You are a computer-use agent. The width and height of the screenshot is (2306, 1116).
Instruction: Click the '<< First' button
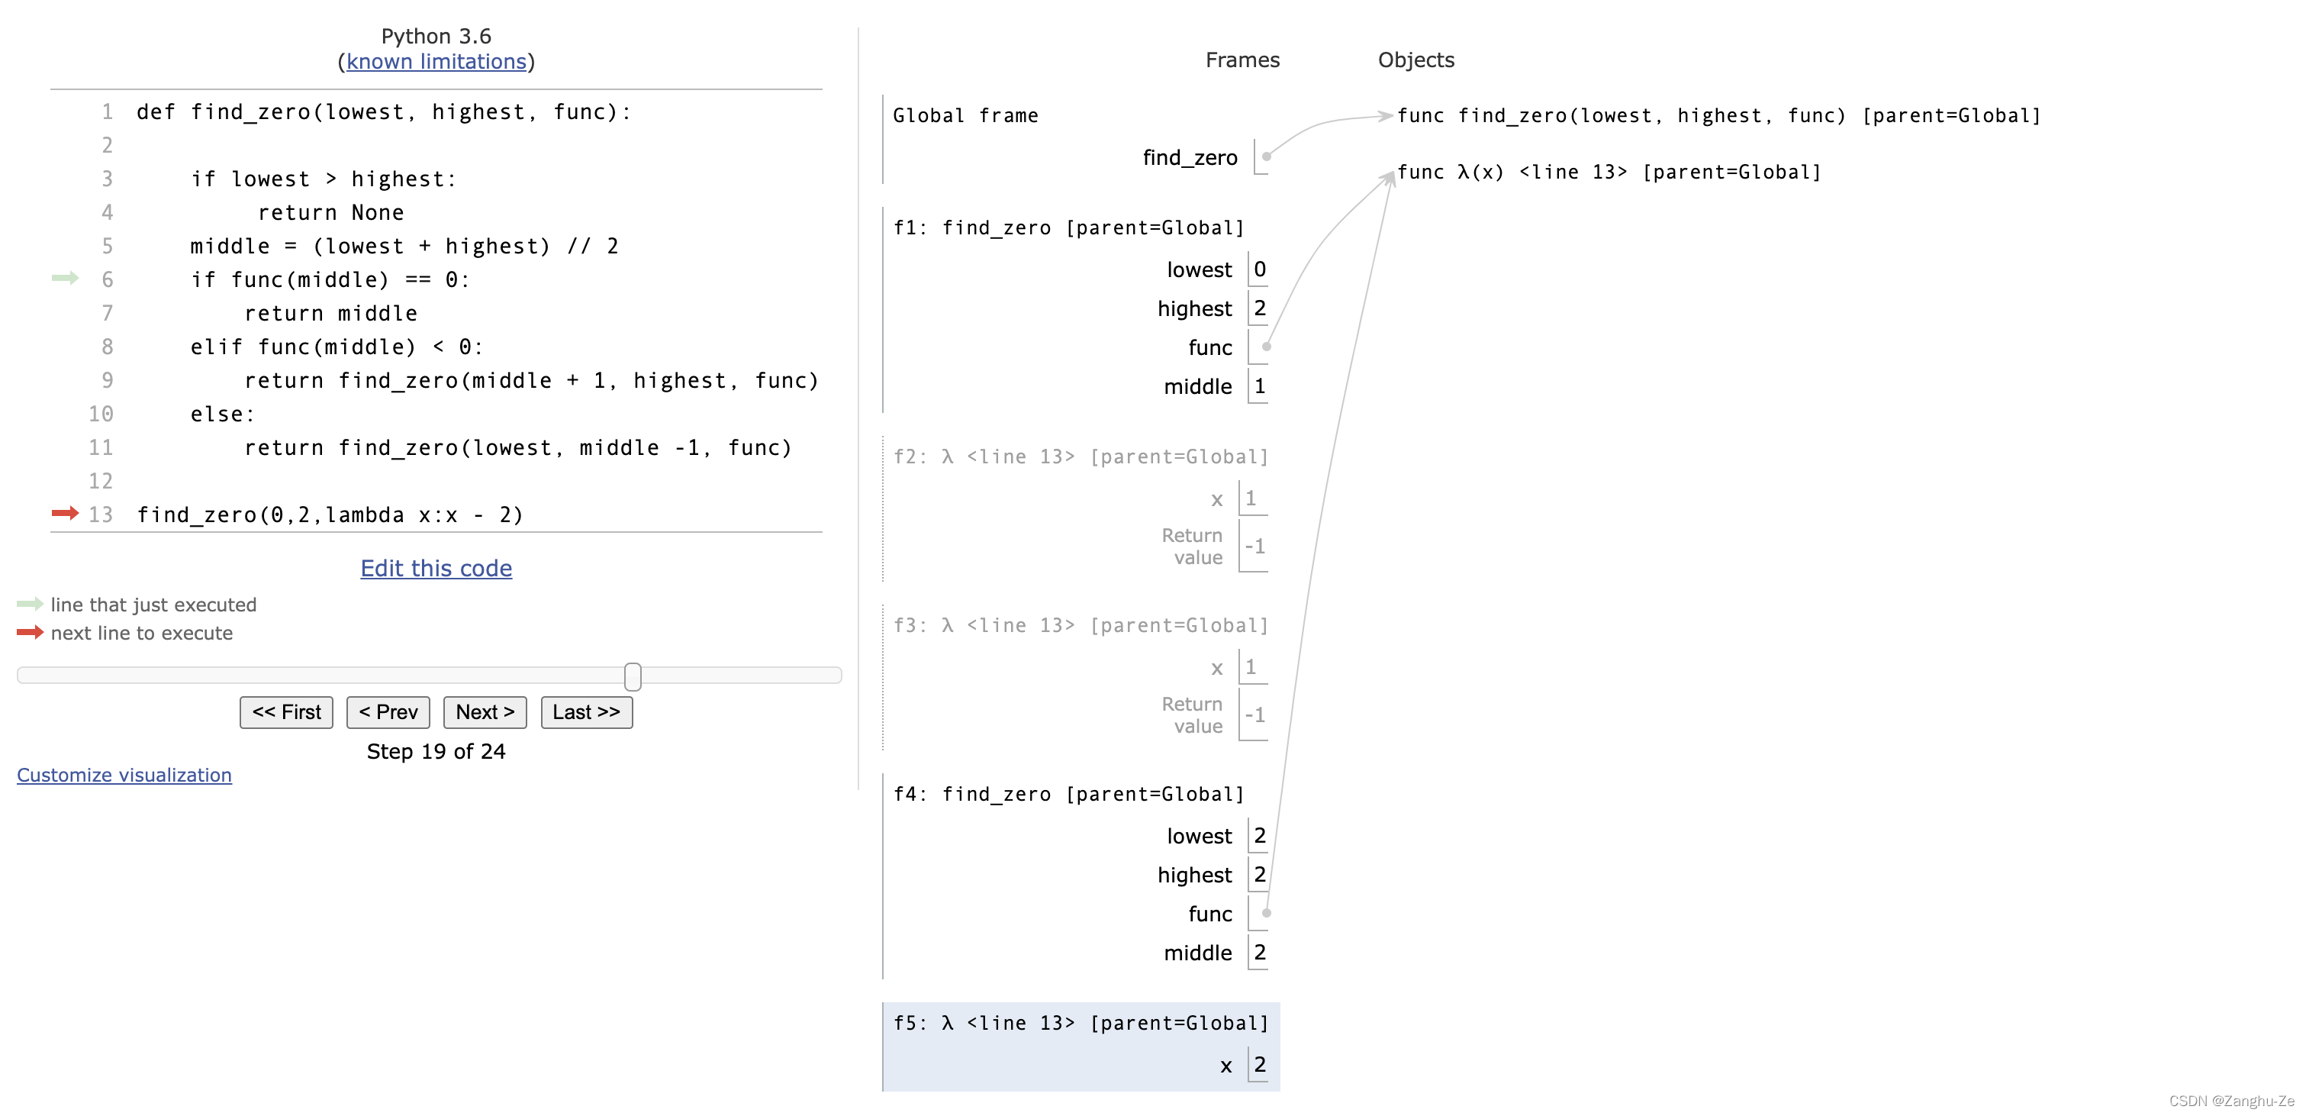tap(285, 712)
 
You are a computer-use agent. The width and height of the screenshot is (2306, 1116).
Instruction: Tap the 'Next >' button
tap(485, 712)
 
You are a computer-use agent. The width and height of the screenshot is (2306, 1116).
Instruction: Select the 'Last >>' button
tap(585, 712)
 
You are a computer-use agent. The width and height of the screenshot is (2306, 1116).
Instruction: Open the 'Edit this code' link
tap(436, 568)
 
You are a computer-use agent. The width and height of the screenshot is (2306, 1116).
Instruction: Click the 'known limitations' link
tap(436, 61)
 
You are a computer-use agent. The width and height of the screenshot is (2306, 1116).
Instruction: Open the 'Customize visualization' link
tap(124, 775)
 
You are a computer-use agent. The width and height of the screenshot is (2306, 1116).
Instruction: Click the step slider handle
tap(633, 676)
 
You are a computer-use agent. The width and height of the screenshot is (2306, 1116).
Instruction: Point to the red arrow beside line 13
tap(64, 513)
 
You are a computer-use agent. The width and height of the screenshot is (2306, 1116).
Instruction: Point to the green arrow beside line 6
tap(64, 279)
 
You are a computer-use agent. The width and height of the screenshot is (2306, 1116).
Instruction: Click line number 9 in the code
tap(107, 381)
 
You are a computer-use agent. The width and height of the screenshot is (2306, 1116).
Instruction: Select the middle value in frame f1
tap(1260, 386)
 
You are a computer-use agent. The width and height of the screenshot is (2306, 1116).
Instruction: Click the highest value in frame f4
tap(1260, 874)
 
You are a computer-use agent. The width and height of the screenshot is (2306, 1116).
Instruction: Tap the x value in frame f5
tap(1260, 1064)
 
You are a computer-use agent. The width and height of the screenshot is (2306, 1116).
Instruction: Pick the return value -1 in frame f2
tap(1255, 546)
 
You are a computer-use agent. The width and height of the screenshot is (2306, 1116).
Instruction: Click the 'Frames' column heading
tap(1242, 60)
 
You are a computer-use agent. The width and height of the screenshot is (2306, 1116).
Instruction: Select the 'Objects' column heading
tap(1415, 60)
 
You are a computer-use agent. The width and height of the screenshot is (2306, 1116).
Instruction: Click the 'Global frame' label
tap(965, 115)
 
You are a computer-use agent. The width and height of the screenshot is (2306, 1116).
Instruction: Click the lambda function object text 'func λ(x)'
tap(1450, 172)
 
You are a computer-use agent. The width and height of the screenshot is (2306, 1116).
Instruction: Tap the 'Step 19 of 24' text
tap(436, 751)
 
